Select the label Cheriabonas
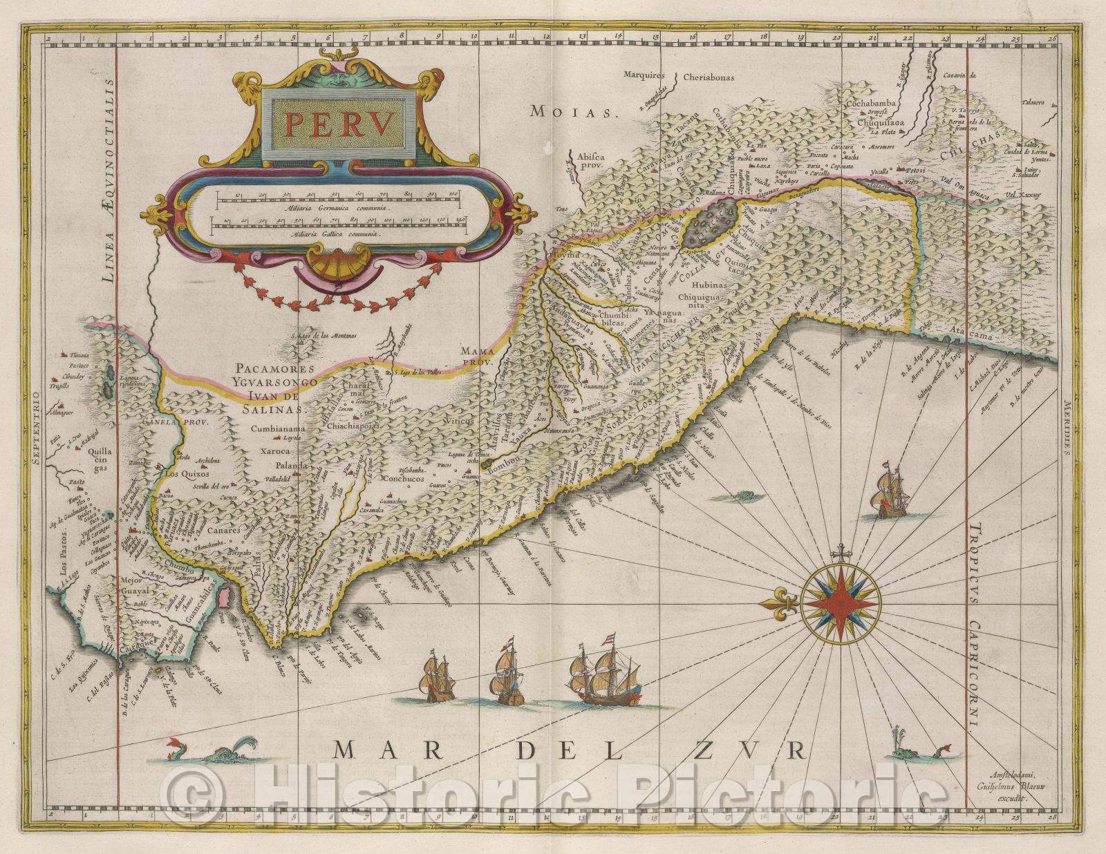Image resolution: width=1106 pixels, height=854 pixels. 712,77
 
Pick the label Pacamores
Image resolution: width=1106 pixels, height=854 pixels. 275,369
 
